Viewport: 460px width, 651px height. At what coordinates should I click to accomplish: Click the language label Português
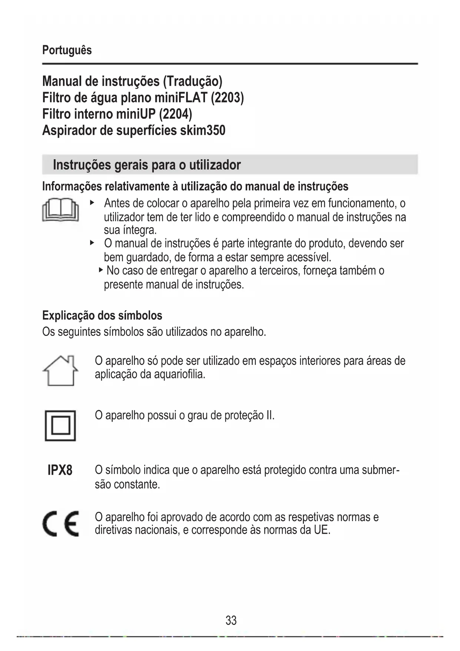[67, 50]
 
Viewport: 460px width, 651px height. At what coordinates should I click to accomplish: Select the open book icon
[60, 210]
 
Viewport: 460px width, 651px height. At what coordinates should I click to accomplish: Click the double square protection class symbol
[60, 425]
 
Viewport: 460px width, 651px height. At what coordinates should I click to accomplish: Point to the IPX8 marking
[60, 470]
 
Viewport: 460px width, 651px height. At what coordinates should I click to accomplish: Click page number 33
[231, 620]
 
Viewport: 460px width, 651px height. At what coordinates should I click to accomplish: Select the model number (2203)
[227, 98]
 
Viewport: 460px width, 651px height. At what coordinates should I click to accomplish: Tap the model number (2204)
[175, 114]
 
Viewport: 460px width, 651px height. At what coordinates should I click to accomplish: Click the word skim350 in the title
[202, 130]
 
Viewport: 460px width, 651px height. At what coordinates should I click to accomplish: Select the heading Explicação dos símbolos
[102, 315]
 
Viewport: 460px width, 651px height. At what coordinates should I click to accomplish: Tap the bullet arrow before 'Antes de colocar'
[92, 203]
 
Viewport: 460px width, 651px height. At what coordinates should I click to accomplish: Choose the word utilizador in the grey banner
[215, 164]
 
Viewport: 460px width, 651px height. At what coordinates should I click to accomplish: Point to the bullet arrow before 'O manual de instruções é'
[92, 243]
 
